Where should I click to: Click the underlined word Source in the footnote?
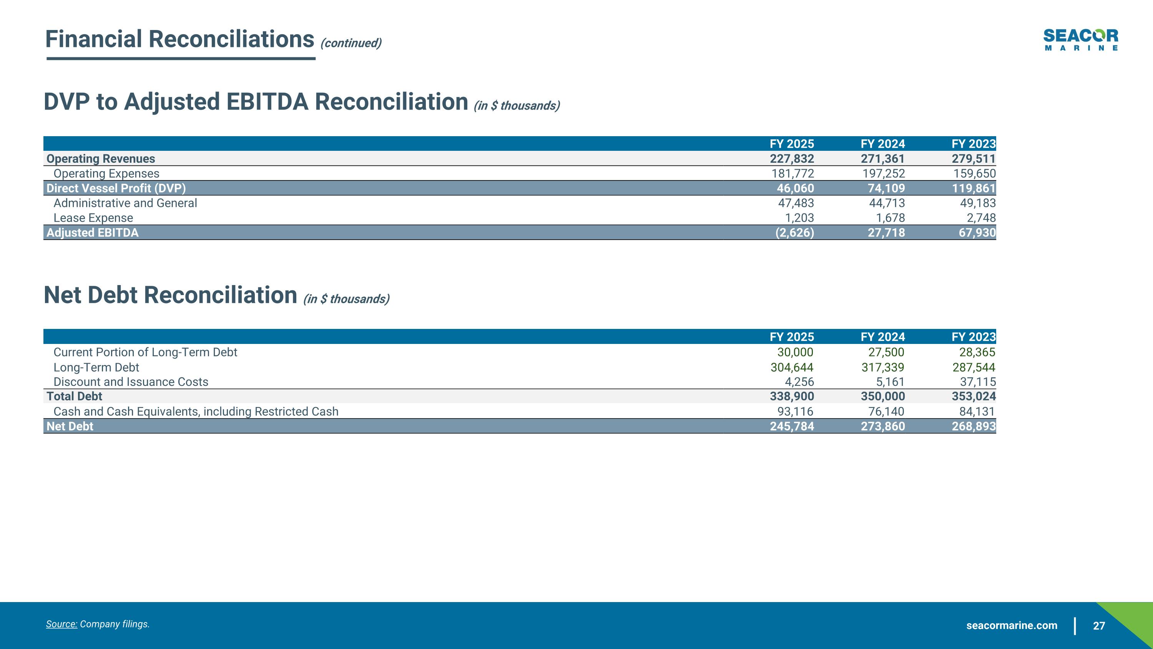(61, 624)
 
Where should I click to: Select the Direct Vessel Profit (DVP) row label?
(116, 188)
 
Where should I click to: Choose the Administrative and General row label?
(125, 203)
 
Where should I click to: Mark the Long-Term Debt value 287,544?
(974, 367)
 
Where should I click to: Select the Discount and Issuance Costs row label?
(131, 382)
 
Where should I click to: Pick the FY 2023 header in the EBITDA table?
(974, 144)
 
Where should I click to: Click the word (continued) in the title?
(351, 43)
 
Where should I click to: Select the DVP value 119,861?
(974, 188)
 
